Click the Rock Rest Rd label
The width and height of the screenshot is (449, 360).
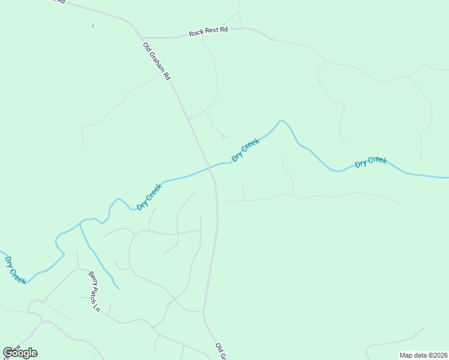tap(208, 32)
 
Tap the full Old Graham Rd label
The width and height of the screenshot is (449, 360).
tap(157, 61)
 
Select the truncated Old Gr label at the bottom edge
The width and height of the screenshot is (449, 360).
tap(220, 352)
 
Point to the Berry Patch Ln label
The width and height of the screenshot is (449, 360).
tap(94, 292)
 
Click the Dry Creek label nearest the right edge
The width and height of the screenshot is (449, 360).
tap(370, 161)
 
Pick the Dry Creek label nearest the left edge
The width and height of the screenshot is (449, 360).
tap(15, 270)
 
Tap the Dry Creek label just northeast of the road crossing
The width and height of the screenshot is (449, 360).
tap(246, 149)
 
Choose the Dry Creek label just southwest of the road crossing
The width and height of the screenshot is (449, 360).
tap(149, 197)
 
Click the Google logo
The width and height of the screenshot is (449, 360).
tap(20, 353)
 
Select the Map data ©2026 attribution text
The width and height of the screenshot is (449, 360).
tap(423, 355)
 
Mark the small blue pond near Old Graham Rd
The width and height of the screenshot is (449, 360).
tap(93, 26)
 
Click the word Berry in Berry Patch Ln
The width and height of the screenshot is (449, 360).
tap(92, 279)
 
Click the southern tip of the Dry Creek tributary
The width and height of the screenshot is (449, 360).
tap(118, 289)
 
